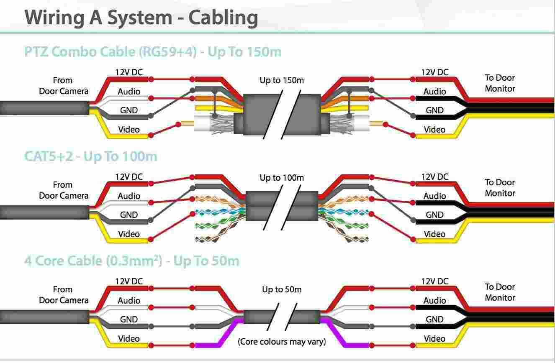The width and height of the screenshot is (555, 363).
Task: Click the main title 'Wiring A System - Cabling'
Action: [x=141, y=18]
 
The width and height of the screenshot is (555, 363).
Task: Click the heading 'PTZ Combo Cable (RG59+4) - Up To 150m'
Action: [x=153, y=52]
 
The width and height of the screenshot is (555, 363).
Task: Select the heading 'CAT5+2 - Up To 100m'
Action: [x=91, y=156]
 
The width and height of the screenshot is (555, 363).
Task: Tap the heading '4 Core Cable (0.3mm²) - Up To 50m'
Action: [x=132, y=261]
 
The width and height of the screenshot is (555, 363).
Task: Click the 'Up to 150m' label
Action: [x=282, y=80]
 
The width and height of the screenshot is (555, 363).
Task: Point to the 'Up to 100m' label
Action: [x=282, y=178]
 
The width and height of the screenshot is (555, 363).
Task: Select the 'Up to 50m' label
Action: [x=282, y=289]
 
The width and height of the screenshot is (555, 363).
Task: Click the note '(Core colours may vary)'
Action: [x=282, y=342]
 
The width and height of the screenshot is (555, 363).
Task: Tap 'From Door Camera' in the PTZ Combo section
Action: [x=64, y=86]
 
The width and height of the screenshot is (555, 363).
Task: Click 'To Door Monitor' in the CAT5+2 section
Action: [x=500, y=188]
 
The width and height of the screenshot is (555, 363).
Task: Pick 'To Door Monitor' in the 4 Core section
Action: [x=500, y=292]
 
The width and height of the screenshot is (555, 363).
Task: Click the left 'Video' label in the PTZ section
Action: [x=129, y=130]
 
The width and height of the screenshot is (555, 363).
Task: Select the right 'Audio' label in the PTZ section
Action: [x=434, y=92]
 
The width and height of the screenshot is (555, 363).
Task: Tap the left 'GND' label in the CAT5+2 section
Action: [x=129, y=215]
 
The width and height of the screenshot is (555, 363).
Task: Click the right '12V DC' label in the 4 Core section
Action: [x=434, y=281]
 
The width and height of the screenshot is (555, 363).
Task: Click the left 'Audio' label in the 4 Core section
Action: [x=129, y=301]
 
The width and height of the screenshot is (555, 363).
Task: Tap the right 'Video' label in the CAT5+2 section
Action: [x=434, y=234]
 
